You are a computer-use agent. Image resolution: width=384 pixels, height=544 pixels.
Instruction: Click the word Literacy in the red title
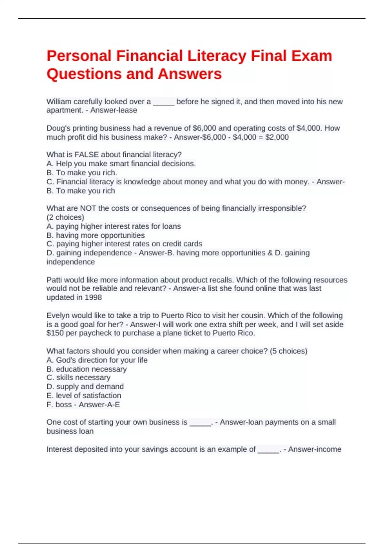(x=217, y=56)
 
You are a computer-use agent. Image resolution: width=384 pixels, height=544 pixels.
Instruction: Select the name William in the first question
(x=59, y=102)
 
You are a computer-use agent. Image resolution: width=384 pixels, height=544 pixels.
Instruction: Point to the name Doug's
(x=56, y=128)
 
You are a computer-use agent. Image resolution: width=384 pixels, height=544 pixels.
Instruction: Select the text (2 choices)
(x=65, y=217)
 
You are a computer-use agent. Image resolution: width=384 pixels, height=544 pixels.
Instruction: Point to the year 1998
(x=93, y=298)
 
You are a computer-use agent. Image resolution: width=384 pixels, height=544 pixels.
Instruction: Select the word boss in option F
(x=64, y=405)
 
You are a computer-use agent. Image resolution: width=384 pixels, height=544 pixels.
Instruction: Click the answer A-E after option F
(x=113, y=405)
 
